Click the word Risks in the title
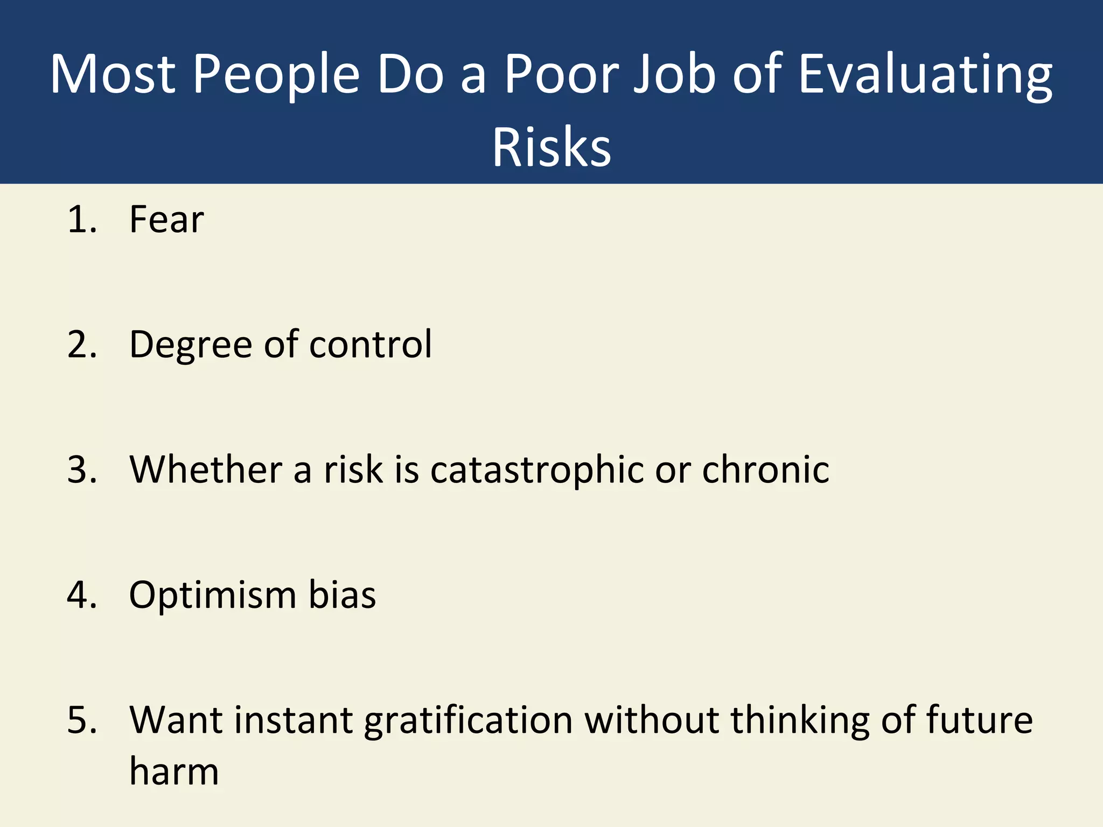click(x=551, y=147)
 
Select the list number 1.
click(x=81, y=220)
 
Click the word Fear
click(x=166, y=220)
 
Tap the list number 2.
click(x=81, y=345)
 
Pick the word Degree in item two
click(x=191, y=345)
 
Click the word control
click(x=371, y=345)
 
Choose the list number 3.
click(x=81, y=469)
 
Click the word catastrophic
click(x=536, y=469)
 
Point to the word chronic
click(x=765, y=469)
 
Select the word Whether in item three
click(x=205, y=469)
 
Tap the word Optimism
click(x=212, y=595)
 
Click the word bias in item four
click(x=342, y=595)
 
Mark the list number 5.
click(x=81, y=720)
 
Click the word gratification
click(x=468, y=720)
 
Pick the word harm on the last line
click(x=174, y=772)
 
